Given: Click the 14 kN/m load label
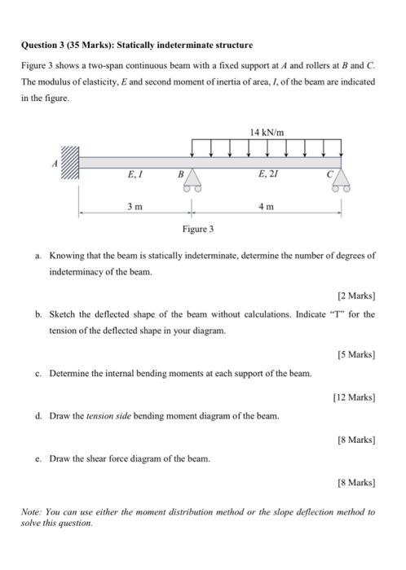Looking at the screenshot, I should point(267,131).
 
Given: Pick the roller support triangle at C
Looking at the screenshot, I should point(341,178).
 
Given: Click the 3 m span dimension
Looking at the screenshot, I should point(135,207).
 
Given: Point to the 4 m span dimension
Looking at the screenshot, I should point(267,207).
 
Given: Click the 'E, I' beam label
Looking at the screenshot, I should point(135,174).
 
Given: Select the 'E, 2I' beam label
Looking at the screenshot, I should point(267,174).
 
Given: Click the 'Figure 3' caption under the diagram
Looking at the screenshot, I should point(198,230).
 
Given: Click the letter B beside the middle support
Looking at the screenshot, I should point(180,173).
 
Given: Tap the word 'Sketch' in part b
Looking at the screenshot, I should point(64,313).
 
